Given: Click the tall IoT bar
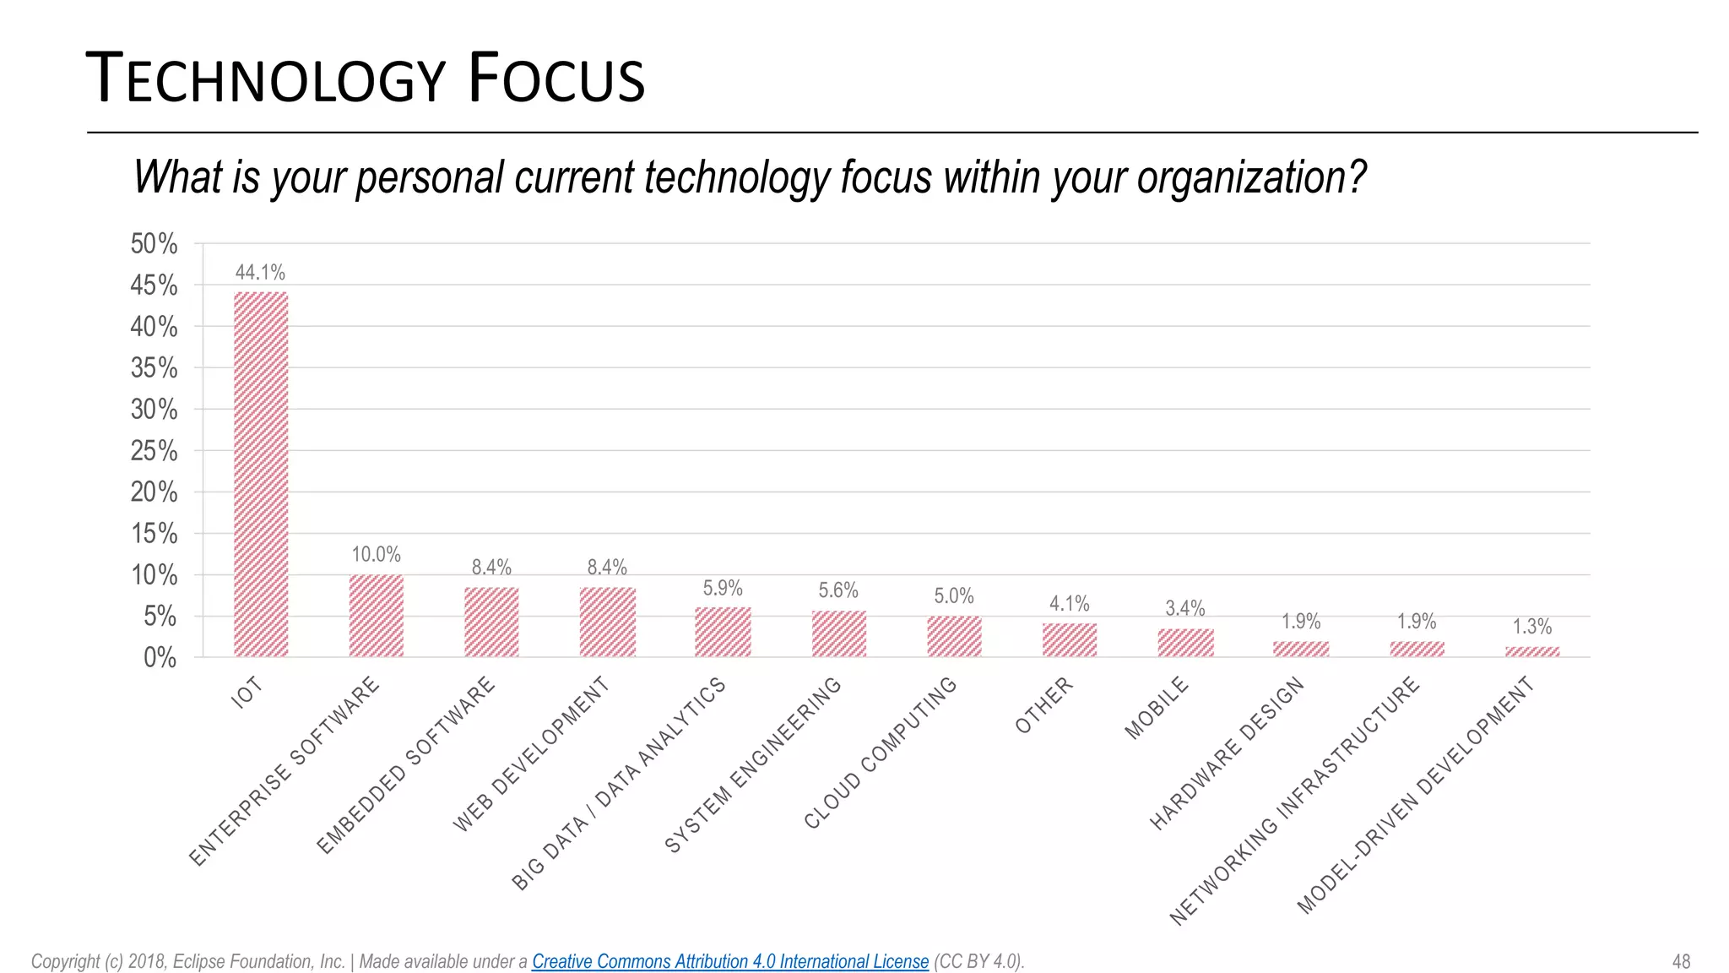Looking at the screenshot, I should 261,474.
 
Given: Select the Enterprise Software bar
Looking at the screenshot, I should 377,616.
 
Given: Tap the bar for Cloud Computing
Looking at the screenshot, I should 954,636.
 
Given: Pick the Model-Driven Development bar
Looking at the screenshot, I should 1532,651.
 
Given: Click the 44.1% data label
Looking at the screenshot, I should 260,273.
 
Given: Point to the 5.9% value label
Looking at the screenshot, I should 723,588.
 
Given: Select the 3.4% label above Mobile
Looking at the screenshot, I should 1185,608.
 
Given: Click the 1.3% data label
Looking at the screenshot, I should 1531,627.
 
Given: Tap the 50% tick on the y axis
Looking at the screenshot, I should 154,244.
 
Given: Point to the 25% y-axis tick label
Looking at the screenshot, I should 154,451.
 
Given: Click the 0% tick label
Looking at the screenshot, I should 160,658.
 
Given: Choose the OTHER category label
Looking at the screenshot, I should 1044,704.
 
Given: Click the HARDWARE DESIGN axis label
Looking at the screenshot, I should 1227,753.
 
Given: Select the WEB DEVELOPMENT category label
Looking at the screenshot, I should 531,754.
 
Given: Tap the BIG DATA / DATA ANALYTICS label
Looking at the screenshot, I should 618,784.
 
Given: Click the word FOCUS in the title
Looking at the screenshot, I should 556,79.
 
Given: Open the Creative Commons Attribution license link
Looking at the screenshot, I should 729,961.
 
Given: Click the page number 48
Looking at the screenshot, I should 1681,961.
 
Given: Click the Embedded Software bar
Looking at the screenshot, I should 491,622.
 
